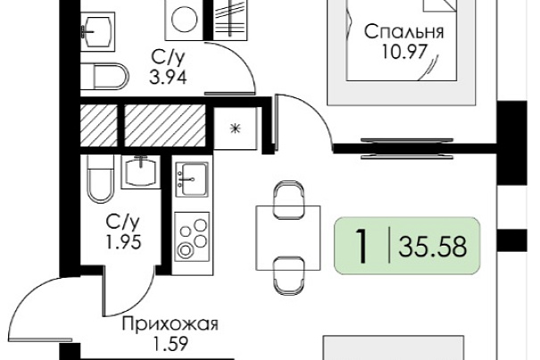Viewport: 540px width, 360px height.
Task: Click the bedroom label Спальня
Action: (404, 32)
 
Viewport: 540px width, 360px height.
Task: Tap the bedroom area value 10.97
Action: (404, 52)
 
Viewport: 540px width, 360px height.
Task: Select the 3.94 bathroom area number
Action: (168, 77)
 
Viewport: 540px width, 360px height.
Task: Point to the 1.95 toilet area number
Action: (123, 242)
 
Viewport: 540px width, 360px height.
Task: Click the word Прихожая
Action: (170, 324)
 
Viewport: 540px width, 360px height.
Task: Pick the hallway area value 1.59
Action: (170, 343)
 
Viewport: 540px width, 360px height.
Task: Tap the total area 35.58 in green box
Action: (433, 247)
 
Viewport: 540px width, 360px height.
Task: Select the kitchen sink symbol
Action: (192, 180)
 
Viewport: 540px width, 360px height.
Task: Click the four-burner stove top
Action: (192, 237)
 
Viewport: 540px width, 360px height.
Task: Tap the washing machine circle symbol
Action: (185, 20)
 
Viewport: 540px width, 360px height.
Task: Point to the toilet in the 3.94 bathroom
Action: (104, 76)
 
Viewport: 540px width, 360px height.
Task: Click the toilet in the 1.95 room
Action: (100, 180)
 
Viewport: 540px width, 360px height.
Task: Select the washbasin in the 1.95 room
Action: (141, 172)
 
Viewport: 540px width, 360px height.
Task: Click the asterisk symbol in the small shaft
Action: (236, 129)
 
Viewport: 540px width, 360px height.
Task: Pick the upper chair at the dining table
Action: (288, 199)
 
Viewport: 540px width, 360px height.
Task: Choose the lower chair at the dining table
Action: (288, 276)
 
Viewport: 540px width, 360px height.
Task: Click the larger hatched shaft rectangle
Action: (165, 126)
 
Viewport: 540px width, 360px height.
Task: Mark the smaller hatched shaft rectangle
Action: (99, 126)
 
